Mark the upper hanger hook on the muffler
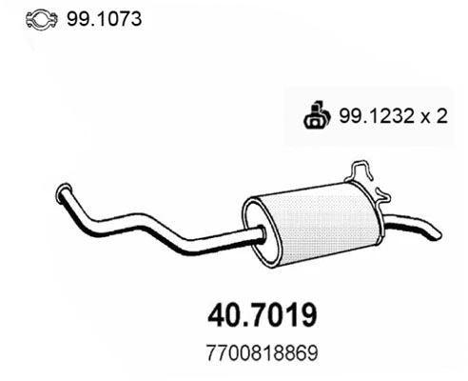362,170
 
